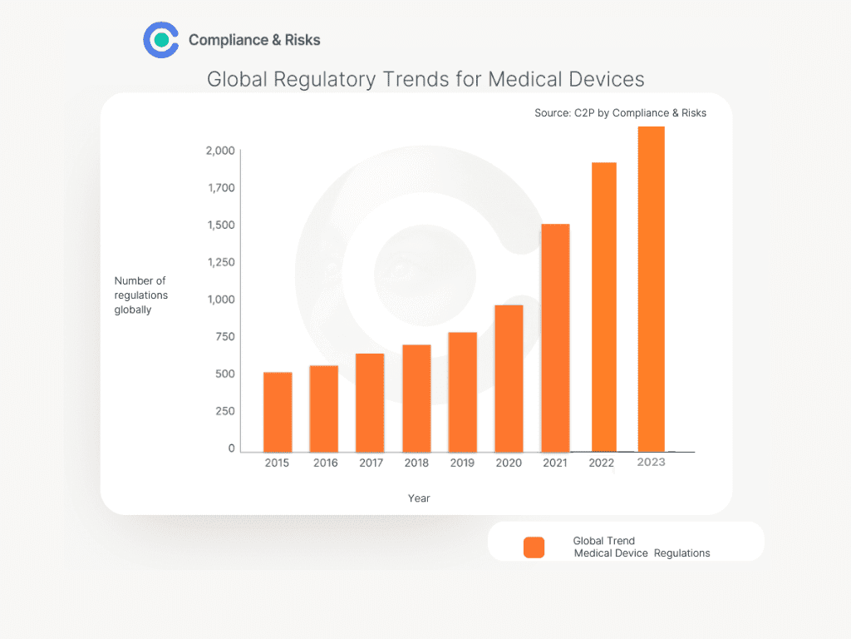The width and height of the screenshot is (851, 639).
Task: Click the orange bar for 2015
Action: pyautogui.click(x=278, y=412)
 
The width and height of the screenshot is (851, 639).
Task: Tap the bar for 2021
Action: pyautogui.click(x=555, y=337)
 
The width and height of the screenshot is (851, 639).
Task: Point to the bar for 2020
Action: pyautogui.click(x=509, y=378)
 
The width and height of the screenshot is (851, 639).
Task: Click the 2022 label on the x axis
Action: pyautogui.click(x=601, y=463)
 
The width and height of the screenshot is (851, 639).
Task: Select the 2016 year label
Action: pyautogui.click(x=325, y=463)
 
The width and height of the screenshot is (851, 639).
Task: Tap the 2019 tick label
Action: pyautogui.click(x=462, y=463)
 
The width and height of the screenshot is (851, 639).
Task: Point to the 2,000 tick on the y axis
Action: pyautogui.click(x=220, y=151)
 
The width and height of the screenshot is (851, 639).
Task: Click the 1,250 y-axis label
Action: pyautogui.click(x=220, y=262)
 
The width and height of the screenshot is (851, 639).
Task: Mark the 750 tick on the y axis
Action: pyautogui.click(x=225, y=337)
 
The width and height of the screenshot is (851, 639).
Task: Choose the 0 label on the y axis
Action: pyautogui.click(x=232, y=448)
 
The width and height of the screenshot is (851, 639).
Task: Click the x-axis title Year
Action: pyautogui.click(x=419, y=498)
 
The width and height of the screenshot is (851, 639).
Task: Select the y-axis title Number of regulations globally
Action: pyautogui.click(x=140, y=295)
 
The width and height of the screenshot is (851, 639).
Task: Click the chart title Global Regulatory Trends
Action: pyautogui.click(x=425, y=79)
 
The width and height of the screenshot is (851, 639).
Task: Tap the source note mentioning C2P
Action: pyautogui.click(x=620, y=113)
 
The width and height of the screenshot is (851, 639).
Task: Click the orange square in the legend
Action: pyautogui.click(x=534, y=547)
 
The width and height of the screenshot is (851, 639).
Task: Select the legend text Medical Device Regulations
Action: pyautogui.click(x=642, y=553)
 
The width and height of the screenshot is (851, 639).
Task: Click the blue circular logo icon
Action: pyautogui.click(x=161, y=39)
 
